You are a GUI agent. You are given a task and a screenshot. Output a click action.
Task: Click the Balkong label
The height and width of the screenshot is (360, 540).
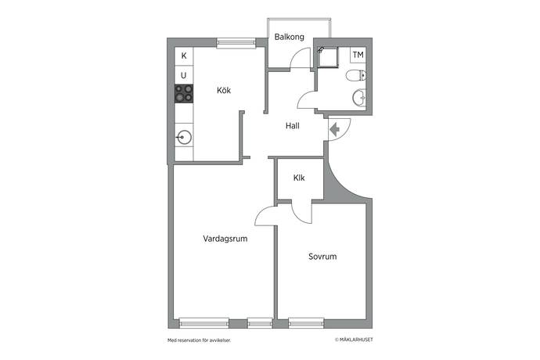(290, 37)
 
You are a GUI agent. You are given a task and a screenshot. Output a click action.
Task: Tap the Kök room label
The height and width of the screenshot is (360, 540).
(224, 90)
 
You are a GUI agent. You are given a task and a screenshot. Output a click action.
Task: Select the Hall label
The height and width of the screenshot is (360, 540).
(293, 126)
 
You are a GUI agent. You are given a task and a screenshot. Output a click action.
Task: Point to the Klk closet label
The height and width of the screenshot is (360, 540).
(299, 178)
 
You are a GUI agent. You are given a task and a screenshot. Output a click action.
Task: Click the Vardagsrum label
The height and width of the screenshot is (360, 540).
(225, 239)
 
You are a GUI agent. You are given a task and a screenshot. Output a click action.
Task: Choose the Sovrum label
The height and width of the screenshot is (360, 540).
(322, 257)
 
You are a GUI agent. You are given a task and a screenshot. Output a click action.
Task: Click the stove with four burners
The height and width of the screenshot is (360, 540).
(184, 94)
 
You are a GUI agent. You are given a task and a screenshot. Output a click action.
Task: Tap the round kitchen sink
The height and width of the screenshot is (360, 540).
(184, 138)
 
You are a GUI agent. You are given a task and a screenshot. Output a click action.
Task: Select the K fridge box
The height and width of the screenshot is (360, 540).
(184, 56)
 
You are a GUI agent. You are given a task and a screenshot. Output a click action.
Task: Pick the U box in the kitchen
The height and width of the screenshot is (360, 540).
(184, 75)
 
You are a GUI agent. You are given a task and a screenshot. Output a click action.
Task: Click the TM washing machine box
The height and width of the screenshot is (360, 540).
(358, 55)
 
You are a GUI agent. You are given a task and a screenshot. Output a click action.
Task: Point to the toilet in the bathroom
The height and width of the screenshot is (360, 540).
(356, 75)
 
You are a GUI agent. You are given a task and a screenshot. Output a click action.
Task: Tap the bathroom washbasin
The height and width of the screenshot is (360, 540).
(359, 98)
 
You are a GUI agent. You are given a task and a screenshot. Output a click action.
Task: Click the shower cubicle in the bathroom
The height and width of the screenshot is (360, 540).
(327, 57)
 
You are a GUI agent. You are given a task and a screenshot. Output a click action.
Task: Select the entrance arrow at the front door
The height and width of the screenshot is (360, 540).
(335, 130)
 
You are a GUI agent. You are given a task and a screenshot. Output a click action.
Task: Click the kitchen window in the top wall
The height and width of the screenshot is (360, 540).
(236, 42)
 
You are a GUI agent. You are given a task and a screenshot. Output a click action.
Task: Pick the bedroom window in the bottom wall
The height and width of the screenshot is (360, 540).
(306, 323)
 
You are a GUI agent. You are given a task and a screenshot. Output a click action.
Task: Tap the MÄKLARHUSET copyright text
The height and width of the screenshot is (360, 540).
(354, 340)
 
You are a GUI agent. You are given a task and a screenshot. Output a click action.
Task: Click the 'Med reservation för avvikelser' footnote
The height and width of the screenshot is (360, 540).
(199, 340)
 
